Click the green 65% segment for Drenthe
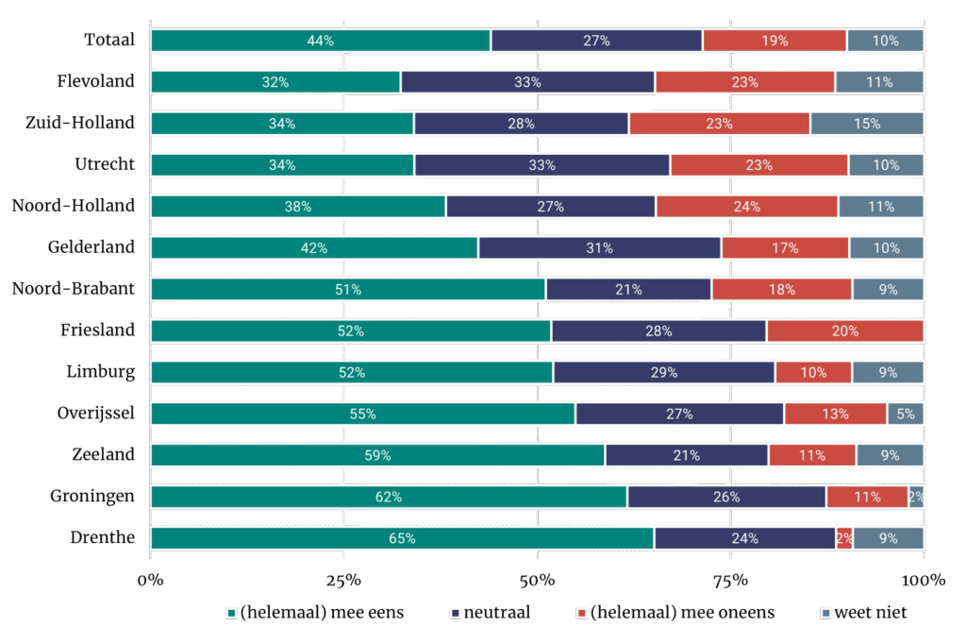tap(402, 538)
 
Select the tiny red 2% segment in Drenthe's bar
tap(844, 538)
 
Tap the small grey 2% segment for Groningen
tap(916, 497)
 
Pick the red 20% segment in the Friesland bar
tap(844, 330)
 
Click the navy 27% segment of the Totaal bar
tap(596, 41)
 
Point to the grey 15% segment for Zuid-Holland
tap(867, 124)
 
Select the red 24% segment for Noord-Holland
tap(746, 206)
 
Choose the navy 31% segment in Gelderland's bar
tap(599, 247)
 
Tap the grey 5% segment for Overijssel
tap(905, 414)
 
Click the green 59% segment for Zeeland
tap(377, 455)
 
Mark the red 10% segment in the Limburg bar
tap(813, 372)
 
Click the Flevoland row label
tap(95, 81)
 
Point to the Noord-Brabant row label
tap(73, 288)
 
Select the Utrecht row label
tap(105, 164)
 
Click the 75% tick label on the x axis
tap(730, 579)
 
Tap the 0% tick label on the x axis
tap(151, 579)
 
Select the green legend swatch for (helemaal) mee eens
tap(232, 614)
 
